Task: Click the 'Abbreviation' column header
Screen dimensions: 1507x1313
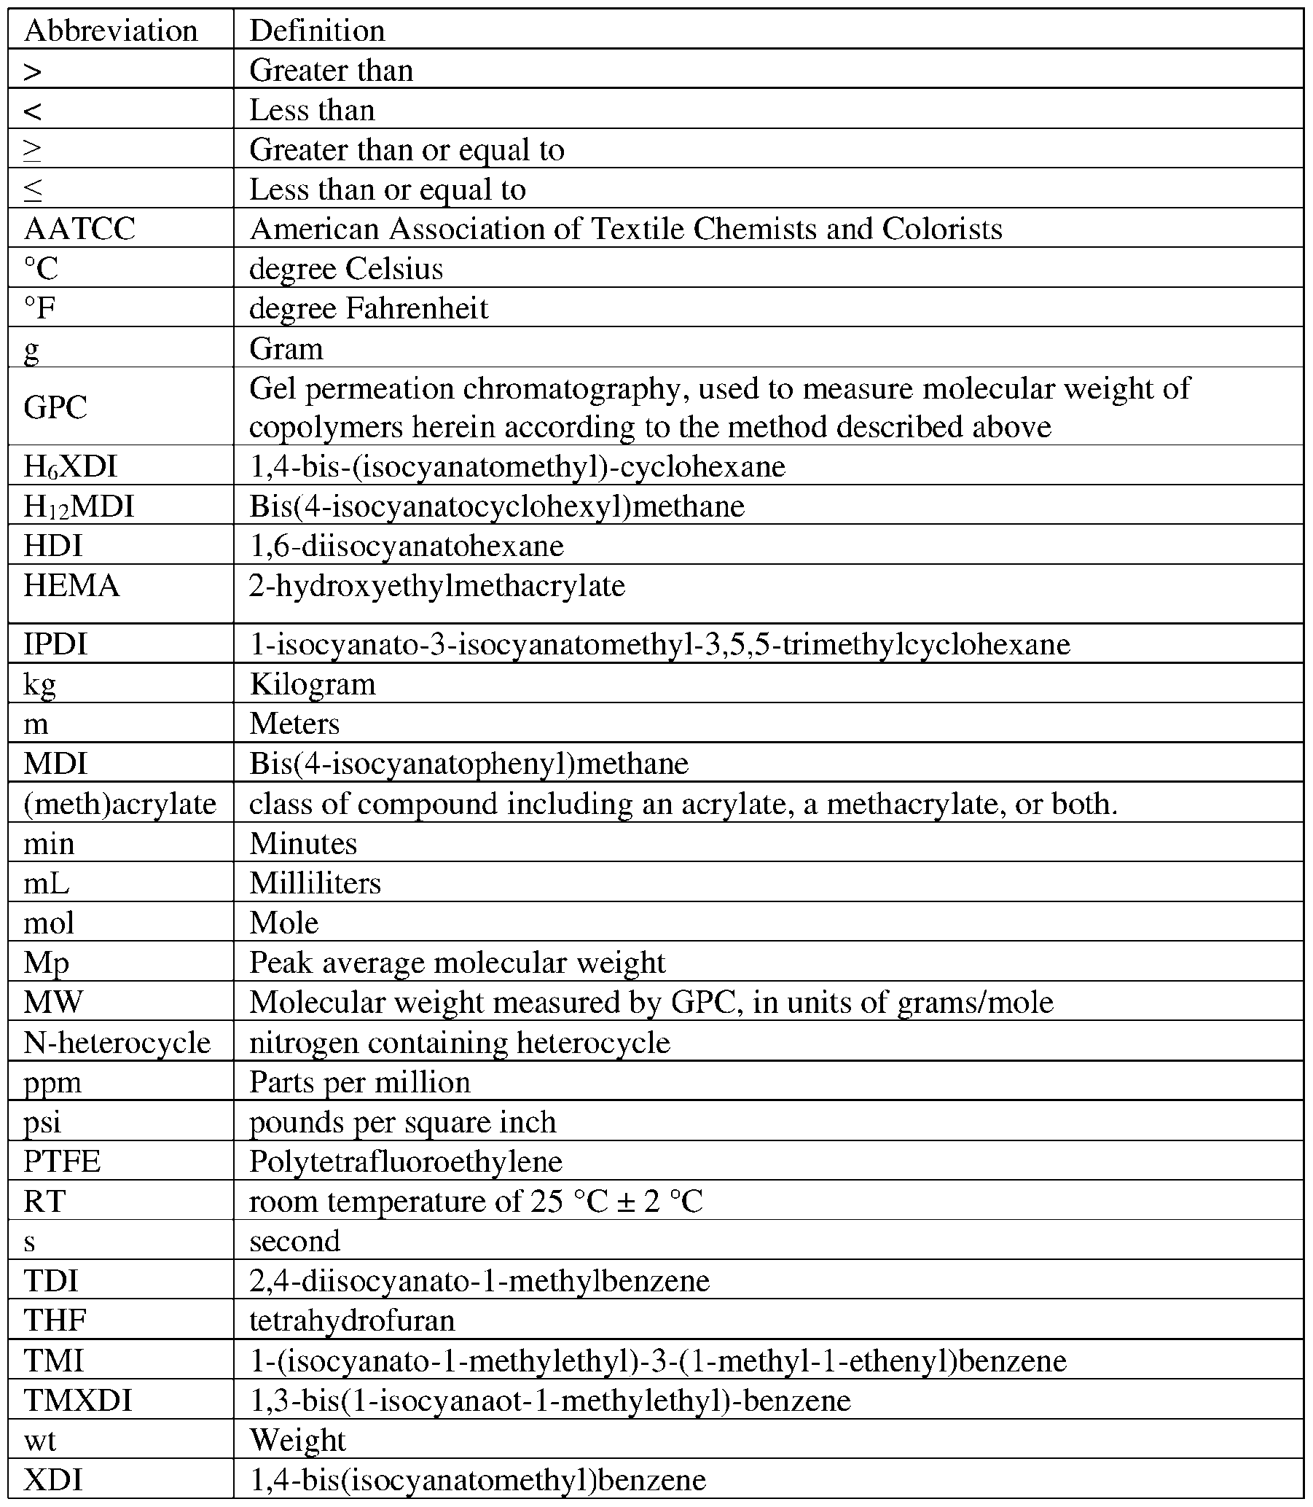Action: coord(111,31)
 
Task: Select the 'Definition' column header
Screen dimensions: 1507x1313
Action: coord(316,31)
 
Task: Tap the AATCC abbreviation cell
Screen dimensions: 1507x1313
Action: coord(79,229)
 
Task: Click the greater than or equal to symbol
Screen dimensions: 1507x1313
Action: coord(32,150)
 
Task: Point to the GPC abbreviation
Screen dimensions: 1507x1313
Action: coord(55,407)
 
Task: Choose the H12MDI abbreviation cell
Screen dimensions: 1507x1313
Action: coord(79,506)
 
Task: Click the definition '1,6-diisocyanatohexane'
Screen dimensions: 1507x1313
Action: coord(406,546)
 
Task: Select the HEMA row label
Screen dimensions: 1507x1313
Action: coord(71,586)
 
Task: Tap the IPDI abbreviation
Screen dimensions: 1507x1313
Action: coord(55,645)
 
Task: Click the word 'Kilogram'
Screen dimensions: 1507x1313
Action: coord(312,684)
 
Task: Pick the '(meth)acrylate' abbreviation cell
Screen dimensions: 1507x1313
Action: coord(119,805)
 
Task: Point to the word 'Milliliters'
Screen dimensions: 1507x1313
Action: coord(315,883)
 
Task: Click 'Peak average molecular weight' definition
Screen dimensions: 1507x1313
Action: coord(457,963)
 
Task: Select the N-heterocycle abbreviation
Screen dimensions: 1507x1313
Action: coord(117,1043)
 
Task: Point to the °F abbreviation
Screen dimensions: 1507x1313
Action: coord(39,308)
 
